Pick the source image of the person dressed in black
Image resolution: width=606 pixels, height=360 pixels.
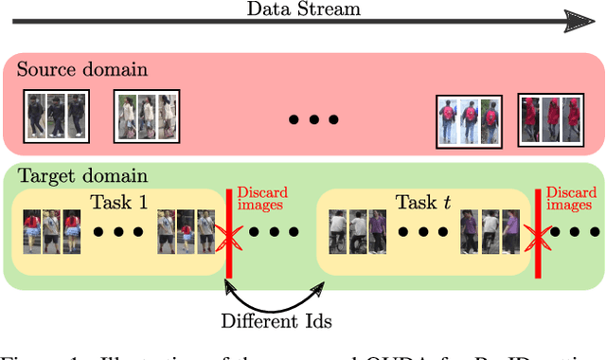point(55,116)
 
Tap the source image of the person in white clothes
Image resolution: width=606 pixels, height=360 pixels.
point(146,116)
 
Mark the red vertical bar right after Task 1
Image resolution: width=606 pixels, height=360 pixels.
point(229,232)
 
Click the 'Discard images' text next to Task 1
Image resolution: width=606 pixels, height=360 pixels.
point(261,198)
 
